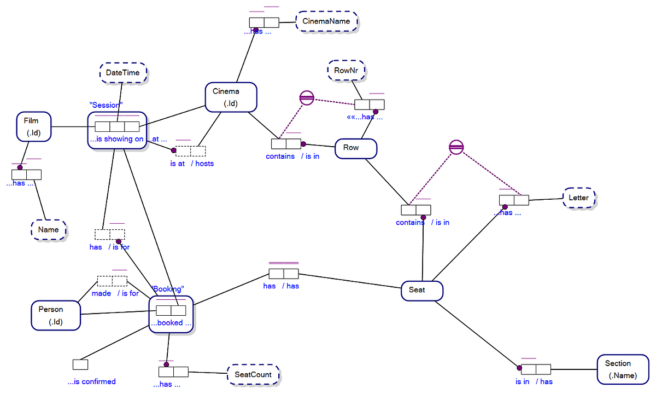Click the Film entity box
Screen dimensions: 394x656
[34, 126]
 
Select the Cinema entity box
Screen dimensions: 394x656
[230, 96]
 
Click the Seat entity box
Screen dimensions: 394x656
[421, 290]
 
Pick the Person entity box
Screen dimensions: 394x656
[55, 315]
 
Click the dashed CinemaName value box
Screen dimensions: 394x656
[327, 22]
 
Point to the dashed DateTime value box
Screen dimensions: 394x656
[123, 73]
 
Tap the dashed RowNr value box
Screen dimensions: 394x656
[347, 70]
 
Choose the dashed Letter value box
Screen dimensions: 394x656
[579, 198]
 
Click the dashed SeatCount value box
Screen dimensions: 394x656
[253, 375]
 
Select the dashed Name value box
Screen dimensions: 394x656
[49, 230]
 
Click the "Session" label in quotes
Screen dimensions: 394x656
[106, 105]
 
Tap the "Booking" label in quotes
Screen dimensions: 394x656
[167, 289]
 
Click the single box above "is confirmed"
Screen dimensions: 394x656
[80, 364]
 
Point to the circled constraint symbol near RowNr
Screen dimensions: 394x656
[307, 98]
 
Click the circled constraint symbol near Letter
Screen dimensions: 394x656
[456, 147]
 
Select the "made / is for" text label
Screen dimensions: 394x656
[115, 293]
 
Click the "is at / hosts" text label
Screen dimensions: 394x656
[191, 163]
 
